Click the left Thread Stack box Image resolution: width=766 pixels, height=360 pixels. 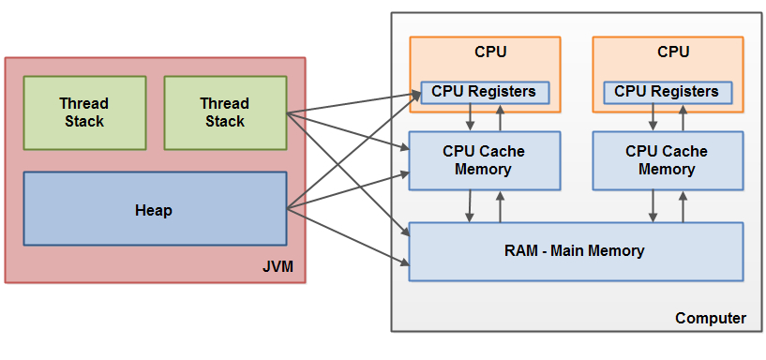click(x=84, y=112)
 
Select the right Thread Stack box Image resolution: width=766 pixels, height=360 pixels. click(x=225, y=112)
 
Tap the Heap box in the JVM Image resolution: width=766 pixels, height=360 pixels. click(x=154, y=209)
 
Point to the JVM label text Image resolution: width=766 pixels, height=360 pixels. click(x=278, y=268)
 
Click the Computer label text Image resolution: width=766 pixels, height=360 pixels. click(x=711, y=319)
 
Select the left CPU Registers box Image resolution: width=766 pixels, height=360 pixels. click(x=485, y=92)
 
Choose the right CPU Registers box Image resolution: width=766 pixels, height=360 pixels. click(x=667, y=92)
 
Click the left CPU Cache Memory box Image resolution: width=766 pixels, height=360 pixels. click(x=484, y=160)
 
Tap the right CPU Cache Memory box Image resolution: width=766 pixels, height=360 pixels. click(x=667, y=160)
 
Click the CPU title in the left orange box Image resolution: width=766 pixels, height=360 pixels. click(x=485, y=52)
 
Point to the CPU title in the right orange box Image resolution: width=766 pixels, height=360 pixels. click(x=672, y=52)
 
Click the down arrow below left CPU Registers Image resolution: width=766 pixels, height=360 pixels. click(x=470, y=118)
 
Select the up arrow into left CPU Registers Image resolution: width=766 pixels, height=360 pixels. click(x=501, y=118)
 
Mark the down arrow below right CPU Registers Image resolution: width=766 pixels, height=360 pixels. click(x=653, y=118)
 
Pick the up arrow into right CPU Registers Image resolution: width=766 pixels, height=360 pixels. click(x=683, y=118)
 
